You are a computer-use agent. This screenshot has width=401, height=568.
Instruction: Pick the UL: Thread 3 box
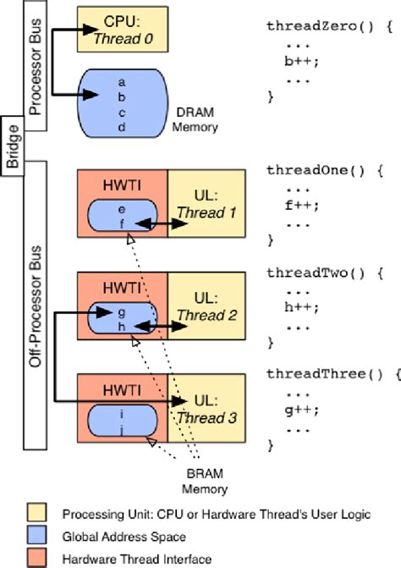206,408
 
